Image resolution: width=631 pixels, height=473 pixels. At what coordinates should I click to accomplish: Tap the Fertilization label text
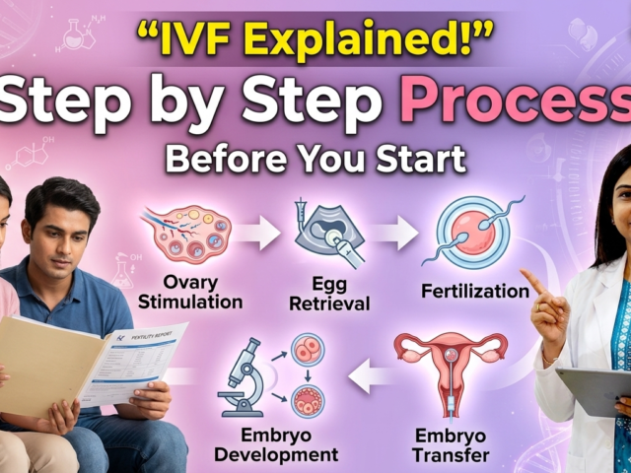tap(474, 292)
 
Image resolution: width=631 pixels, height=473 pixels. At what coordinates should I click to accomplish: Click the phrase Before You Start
tap(315, 158)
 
